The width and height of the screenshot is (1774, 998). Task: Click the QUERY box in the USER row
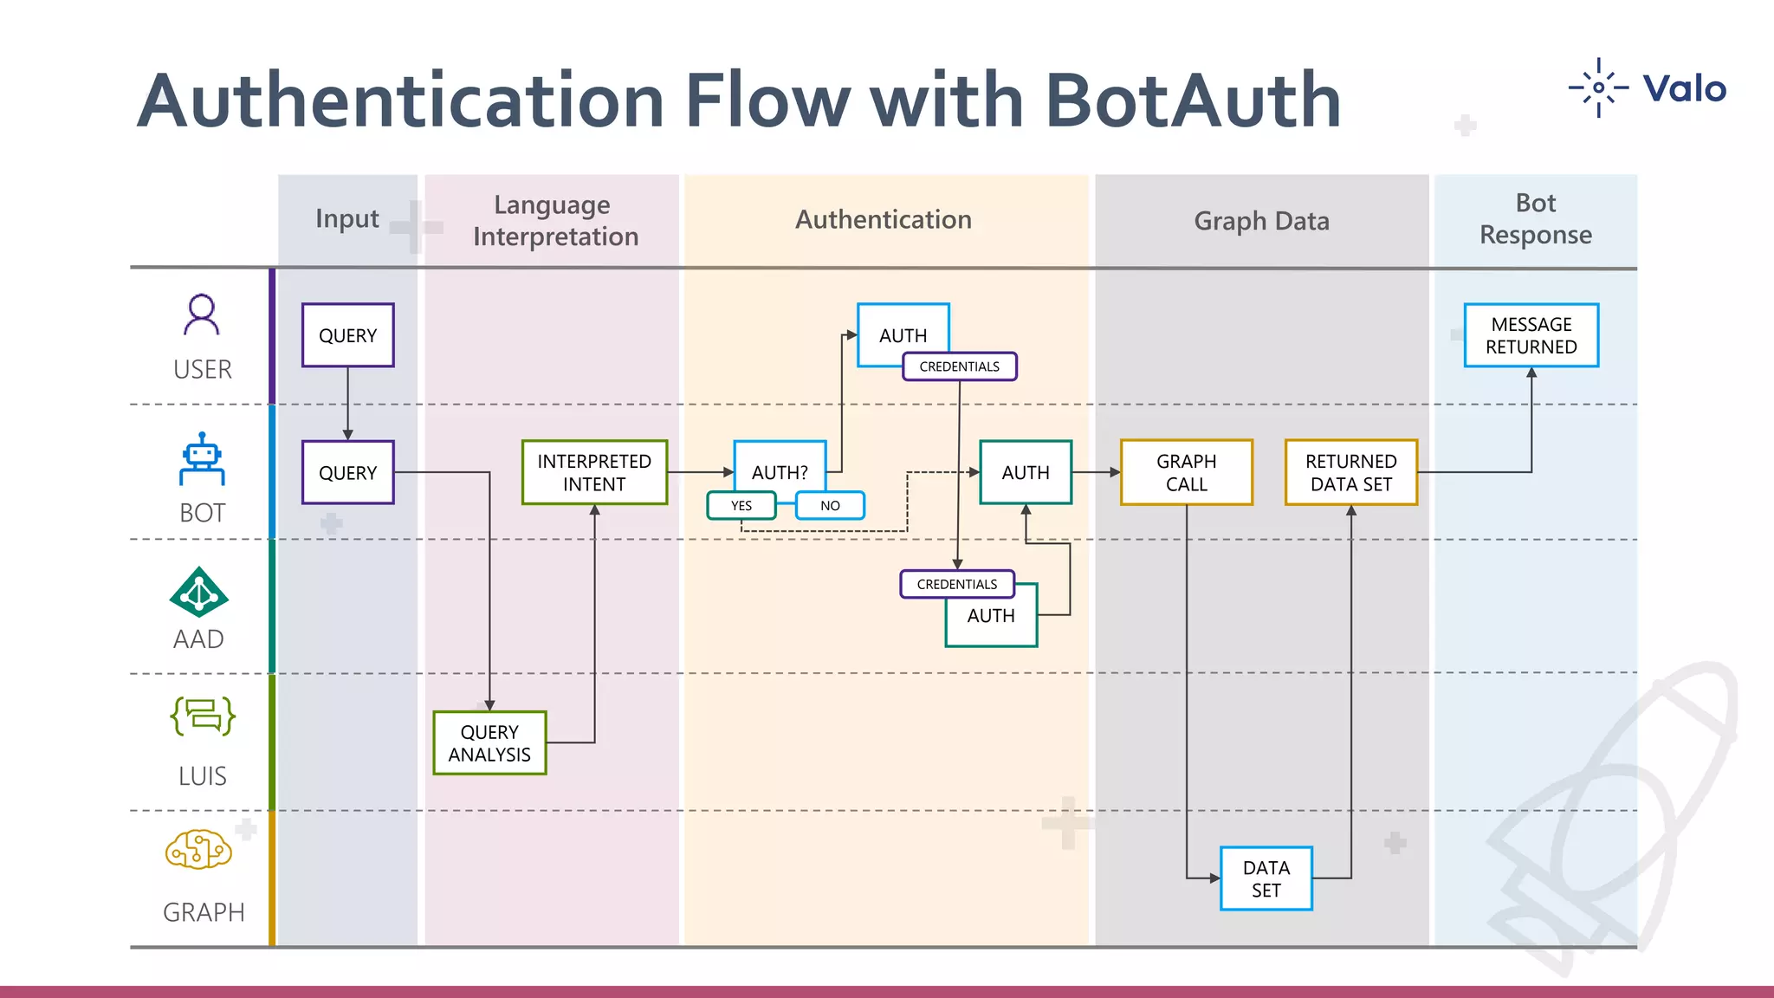(347, 335)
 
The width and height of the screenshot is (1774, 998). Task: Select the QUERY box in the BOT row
(347, 472)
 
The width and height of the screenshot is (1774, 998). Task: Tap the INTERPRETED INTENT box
(594, 472)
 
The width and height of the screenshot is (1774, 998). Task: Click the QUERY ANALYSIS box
(489, 743)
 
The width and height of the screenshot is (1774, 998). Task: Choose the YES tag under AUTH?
(741, 505)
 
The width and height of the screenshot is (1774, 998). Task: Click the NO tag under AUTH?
(830, 505)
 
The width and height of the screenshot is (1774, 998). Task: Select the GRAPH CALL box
(1186, 472)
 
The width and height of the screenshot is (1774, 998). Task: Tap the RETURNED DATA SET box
(1350, 472)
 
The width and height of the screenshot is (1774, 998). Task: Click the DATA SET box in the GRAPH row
(1266, 878)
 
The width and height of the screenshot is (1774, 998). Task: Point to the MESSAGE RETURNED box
(1531, 335)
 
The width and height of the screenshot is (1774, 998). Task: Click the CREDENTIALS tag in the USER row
(959, 366)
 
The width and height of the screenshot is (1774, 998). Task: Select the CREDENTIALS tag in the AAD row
(956, 584)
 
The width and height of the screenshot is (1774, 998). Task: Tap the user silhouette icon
(202, 314)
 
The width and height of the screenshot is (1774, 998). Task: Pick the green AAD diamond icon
(199, 593)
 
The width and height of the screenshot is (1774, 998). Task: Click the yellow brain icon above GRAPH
(198, 850)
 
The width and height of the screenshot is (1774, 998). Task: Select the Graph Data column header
(1261, 221)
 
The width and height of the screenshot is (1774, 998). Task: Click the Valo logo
(1648, 88)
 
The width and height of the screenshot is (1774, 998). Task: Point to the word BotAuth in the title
(1193, 100)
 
